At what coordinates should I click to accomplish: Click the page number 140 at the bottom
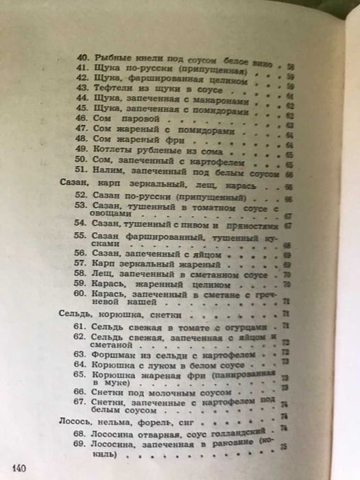[x=18, y=468]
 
